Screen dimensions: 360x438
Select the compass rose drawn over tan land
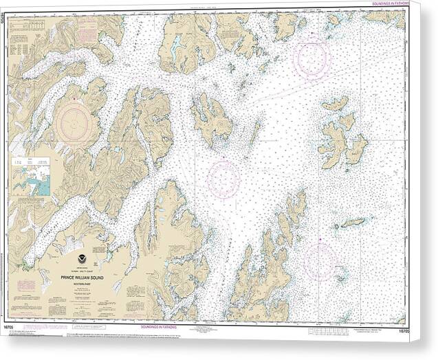(x=77, y=123)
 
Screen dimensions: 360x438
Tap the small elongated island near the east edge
(x=353, y=223)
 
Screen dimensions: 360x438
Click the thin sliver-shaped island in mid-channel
(x=254, y=133)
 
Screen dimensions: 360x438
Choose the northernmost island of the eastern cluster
(x=335, y=104)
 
